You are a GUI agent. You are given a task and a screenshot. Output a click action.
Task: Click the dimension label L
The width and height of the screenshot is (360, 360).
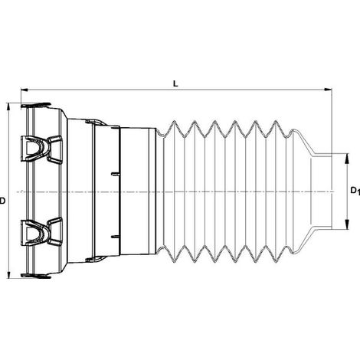click(x=175, y=83)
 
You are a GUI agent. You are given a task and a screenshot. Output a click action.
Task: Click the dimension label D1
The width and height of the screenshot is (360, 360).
click(x=355, y=191)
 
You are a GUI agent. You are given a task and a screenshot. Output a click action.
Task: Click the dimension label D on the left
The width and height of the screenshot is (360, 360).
click(x=2, y=201)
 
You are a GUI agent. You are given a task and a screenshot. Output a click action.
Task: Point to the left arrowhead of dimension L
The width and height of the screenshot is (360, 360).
click(x=25, y=90)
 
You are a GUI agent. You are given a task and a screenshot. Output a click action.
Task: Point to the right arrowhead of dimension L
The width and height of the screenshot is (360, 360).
click(x=328, y=90)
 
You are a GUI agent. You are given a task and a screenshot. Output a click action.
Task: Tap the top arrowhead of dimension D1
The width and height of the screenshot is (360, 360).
click(x=347, y=158)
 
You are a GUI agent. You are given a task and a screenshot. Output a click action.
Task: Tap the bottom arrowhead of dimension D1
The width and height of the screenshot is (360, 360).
click(x=347, y=224)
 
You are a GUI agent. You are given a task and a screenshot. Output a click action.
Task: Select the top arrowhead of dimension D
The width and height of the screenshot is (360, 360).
click(x=9, y=107)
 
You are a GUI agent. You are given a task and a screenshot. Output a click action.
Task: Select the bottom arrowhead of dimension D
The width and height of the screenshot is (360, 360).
click(x=9, y=274)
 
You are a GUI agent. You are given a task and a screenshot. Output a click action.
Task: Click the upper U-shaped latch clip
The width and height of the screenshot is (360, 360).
click(x=41, y=149)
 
